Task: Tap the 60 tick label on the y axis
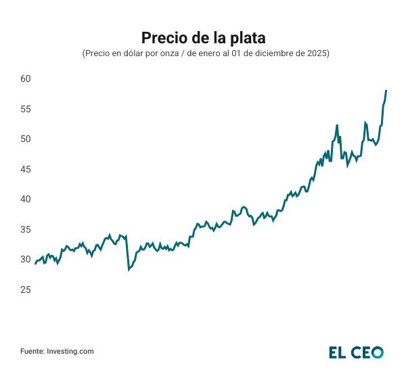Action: (26, 79)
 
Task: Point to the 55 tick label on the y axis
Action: (26, 109)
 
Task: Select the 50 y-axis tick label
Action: (26, 139)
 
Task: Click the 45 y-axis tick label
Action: (26, 169)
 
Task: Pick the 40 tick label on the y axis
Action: (26, 200)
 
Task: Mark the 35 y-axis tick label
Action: (26, 230)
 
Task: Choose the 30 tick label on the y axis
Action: (26, 260)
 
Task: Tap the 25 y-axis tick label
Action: (26, 290)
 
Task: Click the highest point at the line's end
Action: (386, 91)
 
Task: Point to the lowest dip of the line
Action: (129, 270)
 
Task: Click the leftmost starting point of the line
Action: (35, 263)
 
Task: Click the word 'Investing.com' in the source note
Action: (70, 351)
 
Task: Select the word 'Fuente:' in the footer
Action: (32, 351)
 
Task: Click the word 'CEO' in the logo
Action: (367, 352)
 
